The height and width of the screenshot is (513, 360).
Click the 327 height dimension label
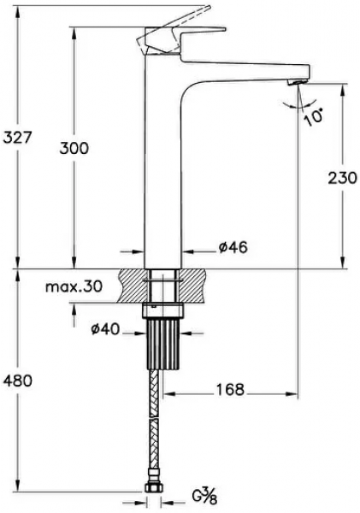coord(17,138)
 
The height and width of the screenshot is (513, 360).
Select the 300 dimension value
coord(74,149)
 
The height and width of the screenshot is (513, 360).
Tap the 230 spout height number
coord(342,178)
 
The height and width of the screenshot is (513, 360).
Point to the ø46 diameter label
coord(233,247)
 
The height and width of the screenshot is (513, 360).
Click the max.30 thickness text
coord(74,287)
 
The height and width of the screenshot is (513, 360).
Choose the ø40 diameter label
coord(105,329)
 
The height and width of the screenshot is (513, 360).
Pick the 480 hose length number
coord(17,380)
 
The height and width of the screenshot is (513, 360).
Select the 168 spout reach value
coord(230,389)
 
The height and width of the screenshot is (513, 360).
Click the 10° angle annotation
coord(313,117)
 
